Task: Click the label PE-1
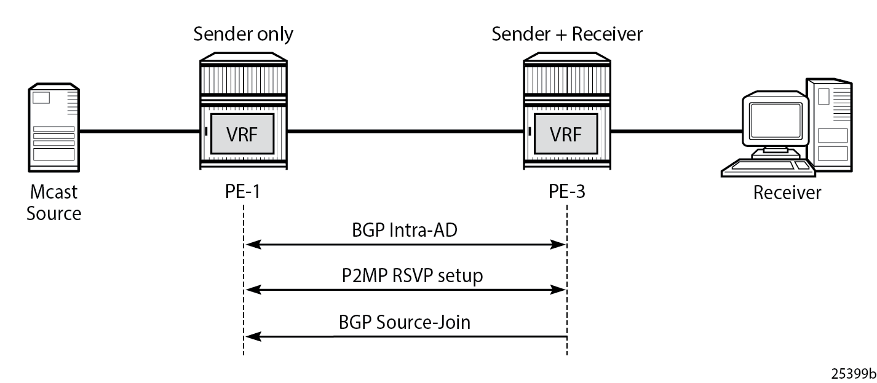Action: [244, 192]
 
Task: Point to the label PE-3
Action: [567, 192]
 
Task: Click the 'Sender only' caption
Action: [243, 34]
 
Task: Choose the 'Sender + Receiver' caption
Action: [566, 34]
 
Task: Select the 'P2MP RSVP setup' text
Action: [412, 275]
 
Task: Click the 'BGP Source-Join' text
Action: [405, 322]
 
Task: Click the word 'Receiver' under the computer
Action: [787, 193]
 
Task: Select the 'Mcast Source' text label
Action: [54, 203]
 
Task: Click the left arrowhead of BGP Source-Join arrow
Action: [252, 336]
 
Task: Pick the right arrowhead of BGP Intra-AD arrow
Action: [559, 245]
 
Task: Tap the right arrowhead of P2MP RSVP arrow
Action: [559, 290]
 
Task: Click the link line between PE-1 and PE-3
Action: [406, 131]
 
